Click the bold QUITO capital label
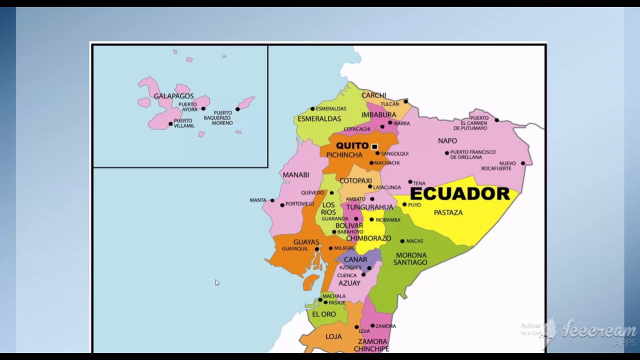point(352,145)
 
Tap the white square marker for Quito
point(374,146)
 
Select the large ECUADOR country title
point(459,194)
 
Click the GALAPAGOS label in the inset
point(173,96)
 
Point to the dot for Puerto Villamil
point(170,123)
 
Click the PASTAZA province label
point(448,212)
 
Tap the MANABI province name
point(295,175)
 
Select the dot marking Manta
point(272,200)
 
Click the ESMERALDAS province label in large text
point(319,119)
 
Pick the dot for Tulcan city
point(405,101)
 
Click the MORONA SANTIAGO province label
point(410,258)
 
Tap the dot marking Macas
point(402,241)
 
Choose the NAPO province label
point(447,141)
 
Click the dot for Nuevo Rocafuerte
point(523,163)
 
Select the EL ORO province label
point(323,314)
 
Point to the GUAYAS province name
point(306,242)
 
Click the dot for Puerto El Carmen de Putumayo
point(496,120)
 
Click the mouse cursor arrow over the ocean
point(216,282)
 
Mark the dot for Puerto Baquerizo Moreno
point(237,109)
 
